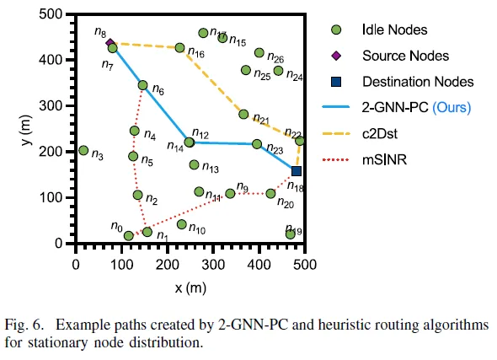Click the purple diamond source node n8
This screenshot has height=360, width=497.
110,42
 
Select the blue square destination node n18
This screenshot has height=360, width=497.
297,171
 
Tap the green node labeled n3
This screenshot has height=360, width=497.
83,151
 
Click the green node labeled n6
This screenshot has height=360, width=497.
142,85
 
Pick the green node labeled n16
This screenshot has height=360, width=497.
179,48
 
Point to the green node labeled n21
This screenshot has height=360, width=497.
243,114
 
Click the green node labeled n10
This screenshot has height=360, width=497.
181,224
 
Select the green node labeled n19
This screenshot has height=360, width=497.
291,234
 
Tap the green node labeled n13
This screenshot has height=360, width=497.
194,165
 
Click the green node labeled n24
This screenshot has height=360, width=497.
279,71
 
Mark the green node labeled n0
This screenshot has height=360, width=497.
129,235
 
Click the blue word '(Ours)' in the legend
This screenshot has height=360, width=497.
451,108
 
